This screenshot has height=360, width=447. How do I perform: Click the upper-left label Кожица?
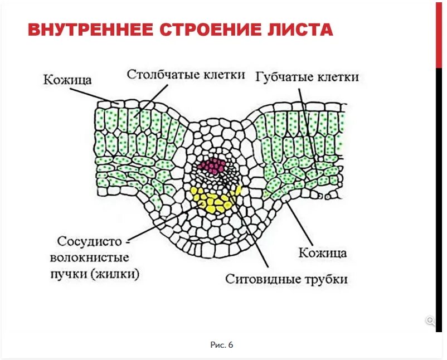pos(67,80)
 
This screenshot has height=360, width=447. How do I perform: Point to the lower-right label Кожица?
pos(323,252)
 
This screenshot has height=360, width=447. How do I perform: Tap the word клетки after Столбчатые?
pos(221,75)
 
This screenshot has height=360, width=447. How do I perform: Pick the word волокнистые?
pos(89,258)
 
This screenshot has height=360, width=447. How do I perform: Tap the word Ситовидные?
pos(260,279)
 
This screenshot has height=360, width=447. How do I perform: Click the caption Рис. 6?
pos(222,345)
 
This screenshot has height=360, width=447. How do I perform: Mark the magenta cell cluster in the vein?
pos(213,166)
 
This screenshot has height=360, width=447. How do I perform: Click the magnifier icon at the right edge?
pos(430,320)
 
